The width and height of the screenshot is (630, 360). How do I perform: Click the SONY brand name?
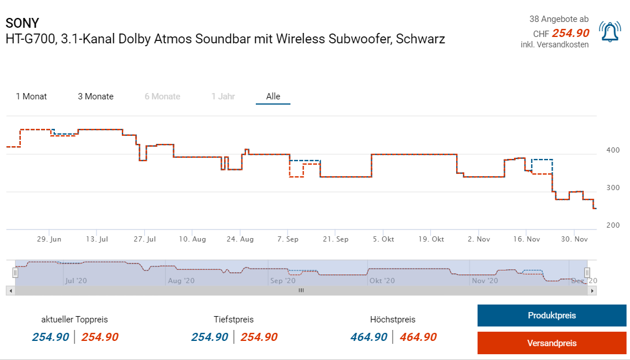tap(23, 23)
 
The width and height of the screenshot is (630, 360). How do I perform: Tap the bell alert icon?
tap(610, 32)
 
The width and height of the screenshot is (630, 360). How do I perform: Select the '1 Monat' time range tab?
tap(32, 97)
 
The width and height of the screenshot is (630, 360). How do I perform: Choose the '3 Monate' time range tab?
tap(96, 97)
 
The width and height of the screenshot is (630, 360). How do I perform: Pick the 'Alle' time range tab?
tap(273, 97)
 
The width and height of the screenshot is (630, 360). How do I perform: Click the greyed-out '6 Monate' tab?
tap(162, 97)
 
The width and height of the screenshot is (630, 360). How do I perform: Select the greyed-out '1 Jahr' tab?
tap(223, 97)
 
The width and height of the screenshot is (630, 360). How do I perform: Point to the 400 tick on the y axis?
tap(613, 150)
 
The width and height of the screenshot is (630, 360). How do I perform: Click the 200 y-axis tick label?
tap(613, 225)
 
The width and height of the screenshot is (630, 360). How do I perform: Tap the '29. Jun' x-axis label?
tap(49, 239)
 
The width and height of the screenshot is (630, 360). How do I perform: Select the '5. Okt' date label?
tap(383, 239)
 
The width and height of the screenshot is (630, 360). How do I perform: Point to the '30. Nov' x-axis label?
tap(575, 239)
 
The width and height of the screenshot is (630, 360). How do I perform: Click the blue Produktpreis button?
tap(551, 316)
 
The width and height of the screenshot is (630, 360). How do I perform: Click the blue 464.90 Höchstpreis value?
tap(368, 337)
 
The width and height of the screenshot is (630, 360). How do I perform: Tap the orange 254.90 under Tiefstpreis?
tap(259, 337)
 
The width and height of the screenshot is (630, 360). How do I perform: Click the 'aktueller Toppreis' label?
tap(74, 319)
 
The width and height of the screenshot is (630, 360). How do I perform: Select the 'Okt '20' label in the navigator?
tap(382, 281)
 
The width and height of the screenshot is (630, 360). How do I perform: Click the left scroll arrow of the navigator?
tap(10, 291)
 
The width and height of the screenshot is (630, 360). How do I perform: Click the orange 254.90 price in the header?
tap(571, 34)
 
